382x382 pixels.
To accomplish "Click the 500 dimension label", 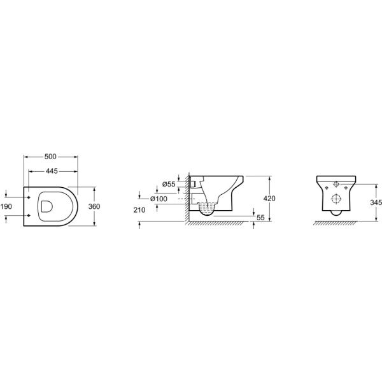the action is tap(50, 157).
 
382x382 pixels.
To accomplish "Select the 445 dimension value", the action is tap(52, 171).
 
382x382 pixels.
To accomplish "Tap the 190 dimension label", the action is tap(6, 206).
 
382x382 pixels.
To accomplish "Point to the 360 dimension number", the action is tap(94, 206).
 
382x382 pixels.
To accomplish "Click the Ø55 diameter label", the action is tap(169, 185).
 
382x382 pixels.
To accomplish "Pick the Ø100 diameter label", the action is tap(159, 199).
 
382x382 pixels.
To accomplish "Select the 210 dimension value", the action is tap(139, 209).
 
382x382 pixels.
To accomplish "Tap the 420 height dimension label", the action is tap(269, 199).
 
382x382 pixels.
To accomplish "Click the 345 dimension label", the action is tap(376, 202).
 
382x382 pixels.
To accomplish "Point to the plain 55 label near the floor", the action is tap(260, 218).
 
